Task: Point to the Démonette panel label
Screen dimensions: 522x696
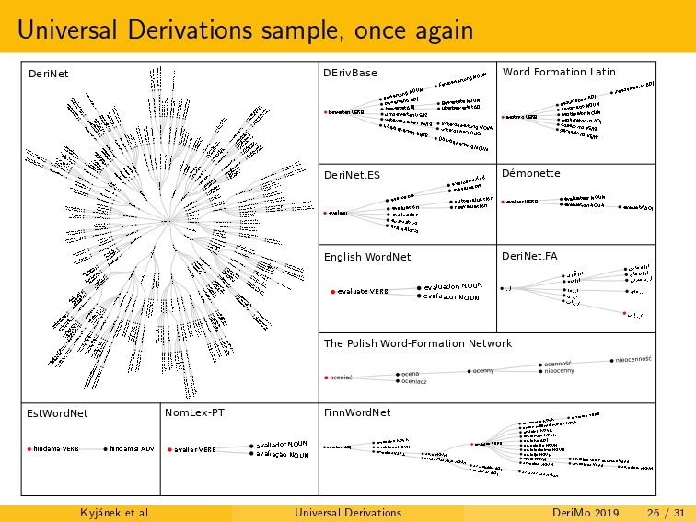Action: tap(531, 173)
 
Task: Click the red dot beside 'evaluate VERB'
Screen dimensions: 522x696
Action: tap(332, 291)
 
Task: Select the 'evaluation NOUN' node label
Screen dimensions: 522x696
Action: tap(453, 286)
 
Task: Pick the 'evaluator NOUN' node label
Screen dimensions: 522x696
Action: tap(451, 296)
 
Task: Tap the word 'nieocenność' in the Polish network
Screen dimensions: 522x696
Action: tap(633, 359)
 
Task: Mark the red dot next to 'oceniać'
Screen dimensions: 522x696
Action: tap(326, 377)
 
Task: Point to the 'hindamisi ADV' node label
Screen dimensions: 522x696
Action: tap(131, 449)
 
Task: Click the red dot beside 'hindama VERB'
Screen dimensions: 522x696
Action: tap(29, 449)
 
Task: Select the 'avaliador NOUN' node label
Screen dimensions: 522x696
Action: tap(282, 444)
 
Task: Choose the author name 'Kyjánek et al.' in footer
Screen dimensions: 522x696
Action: tap(116, 512)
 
